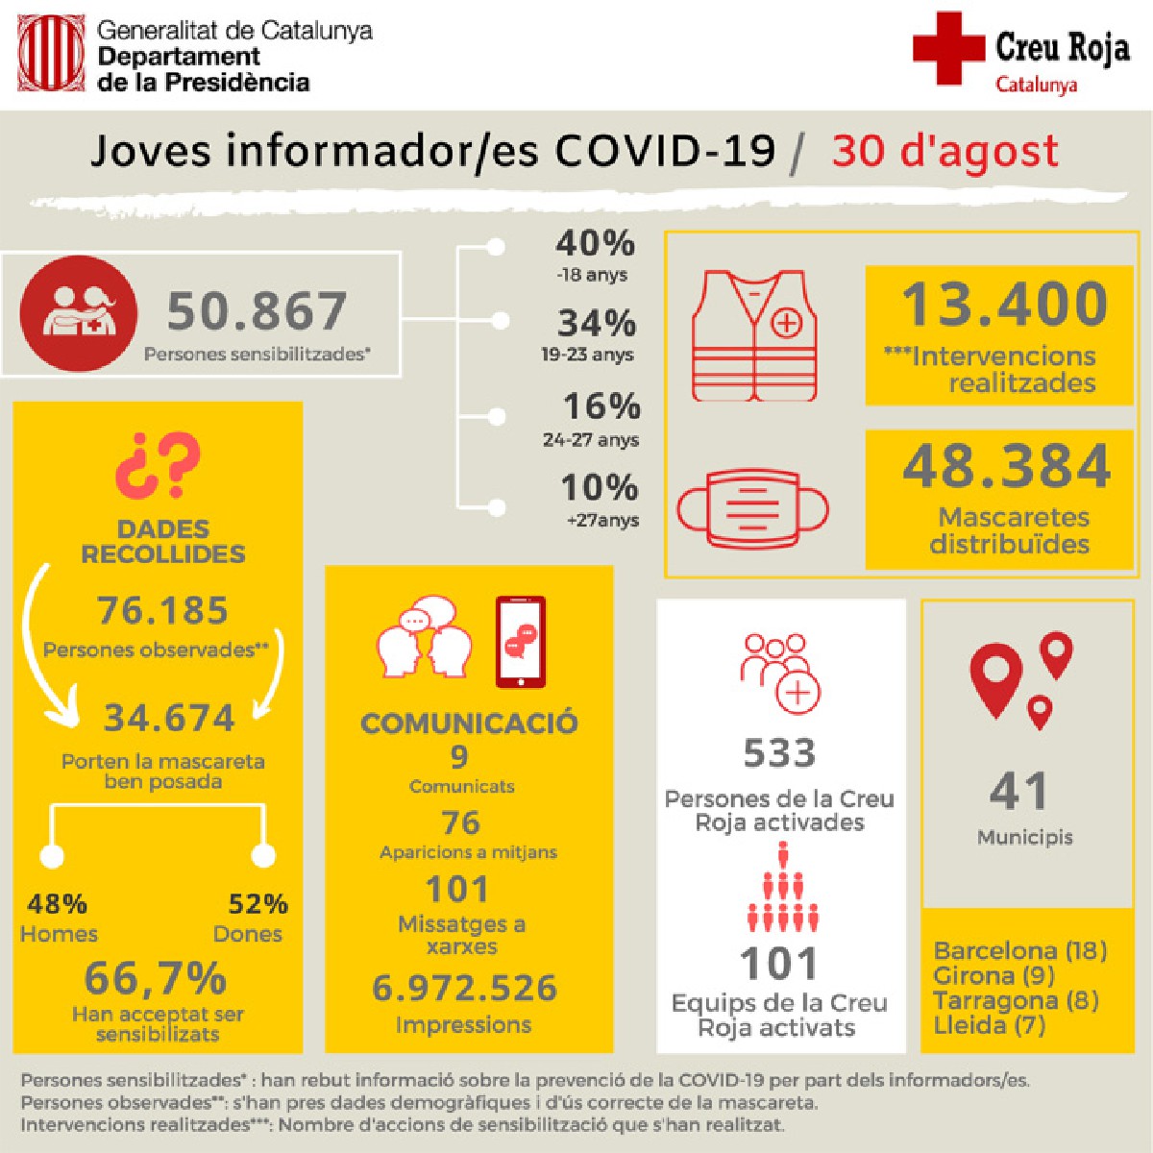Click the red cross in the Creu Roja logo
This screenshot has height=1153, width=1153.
[947, 47]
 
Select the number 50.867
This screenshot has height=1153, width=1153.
[257, 311]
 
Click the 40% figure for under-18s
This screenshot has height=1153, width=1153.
[596, 243]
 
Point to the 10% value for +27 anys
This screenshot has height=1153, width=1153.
[600, 488]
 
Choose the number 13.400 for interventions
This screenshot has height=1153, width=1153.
[1004, 304]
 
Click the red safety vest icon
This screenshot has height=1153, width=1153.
[755, 335]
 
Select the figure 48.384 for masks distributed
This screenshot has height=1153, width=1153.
[1007, 466]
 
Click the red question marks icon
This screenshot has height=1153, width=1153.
[159, 465]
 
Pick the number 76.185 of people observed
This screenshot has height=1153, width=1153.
[162, 610]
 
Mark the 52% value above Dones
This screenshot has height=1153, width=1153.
[258, 904]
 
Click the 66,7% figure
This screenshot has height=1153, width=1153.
[156, 979]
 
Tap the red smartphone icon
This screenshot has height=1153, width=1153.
[521, 641]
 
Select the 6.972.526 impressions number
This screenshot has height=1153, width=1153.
[464, 988]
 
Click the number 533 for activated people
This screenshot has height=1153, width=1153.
[779, 753]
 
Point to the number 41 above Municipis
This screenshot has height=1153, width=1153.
[1018, 792]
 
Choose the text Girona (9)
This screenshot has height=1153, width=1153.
[994, 975]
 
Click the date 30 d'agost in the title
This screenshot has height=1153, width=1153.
[945, 152]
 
